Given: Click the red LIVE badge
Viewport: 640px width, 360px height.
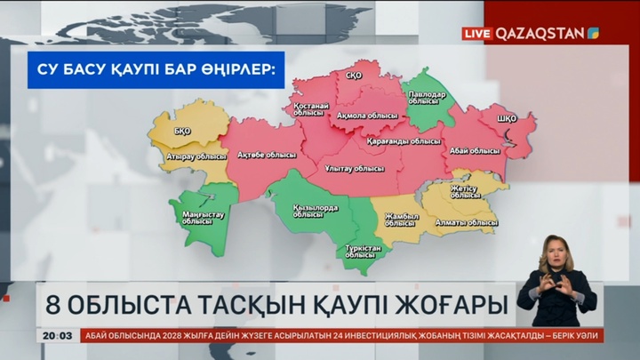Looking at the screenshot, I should click(x=477, y=34).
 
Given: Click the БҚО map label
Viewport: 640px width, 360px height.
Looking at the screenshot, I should click(x=183, y=132).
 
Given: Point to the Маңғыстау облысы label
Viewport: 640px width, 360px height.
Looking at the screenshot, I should click(x=203, y=218).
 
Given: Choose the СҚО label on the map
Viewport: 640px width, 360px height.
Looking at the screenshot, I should click(x=353, y=76).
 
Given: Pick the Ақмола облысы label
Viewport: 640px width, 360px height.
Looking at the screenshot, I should click(x=367, y=116).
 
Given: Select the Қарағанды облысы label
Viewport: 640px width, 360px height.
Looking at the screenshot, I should click(x=404, y=140).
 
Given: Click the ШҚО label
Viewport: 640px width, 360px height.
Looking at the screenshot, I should click(x=508, y=118).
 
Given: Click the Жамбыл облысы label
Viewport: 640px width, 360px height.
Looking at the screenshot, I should click(x=401, y=220).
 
